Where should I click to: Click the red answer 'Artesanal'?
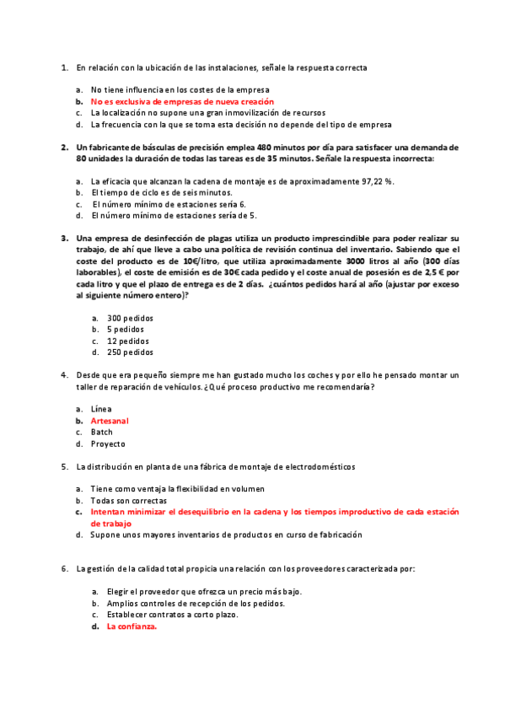110,420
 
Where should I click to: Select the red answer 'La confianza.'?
132,626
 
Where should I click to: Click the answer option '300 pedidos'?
130,318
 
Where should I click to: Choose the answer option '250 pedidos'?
130,352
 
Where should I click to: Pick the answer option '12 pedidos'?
128,341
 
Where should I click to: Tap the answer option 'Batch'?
102,432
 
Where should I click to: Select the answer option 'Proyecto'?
108,444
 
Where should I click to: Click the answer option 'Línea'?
101,408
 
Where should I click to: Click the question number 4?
65,374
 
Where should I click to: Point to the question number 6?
65,569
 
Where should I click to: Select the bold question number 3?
65,239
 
